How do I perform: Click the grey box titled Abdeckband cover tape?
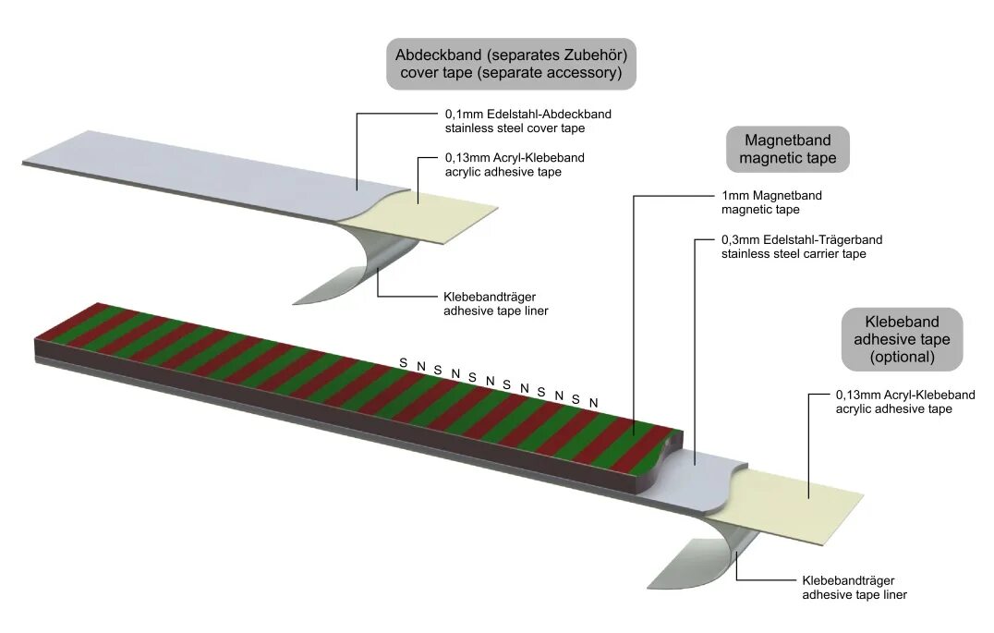tap(511, 64)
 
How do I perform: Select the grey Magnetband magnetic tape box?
tap(787, 149)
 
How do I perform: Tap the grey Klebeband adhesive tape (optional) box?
tap(902, 338)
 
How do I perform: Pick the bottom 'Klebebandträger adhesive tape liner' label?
tap(853, 588)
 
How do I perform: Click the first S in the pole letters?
tap(403, 363)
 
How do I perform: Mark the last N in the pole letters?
tap(594, 402)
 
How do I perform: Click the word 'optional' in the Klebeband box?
tap(903, 356)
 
